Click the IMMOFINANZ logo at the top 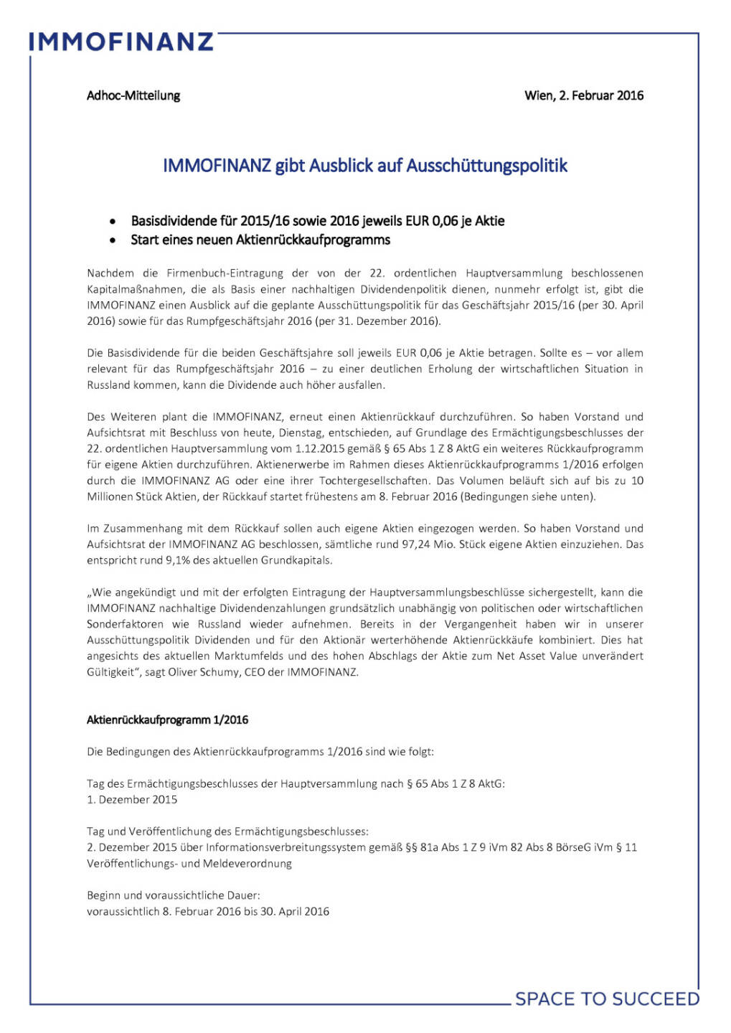(x=121, y=41)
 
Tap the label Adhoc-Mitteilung (x=133, y=95)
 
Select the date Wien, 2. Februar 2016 (x=584, y=95)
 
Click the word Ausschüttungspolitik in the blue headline (x=487, y=166)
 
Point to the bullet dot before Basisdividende (x=113, y=222)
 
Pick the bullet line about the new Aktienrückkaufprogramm (x=260, y=240)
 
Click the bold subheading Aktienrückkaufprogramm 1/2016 (x=168, y=720)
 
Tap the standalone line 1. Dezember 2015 (x=132, y=799)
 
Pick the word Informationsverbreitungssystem (x=286, y=847)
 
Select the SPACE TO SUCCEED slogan (x=607, y=999)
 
